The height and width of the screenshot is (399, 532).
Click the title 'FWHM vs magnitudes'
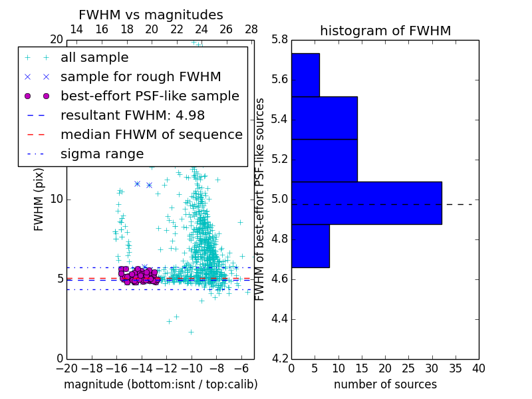click(151, 15)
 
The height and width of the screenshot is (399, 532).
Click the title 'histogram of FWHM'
click(385, 31)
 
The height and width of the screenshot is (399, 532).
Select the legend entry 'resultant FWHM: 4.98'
click(132, 115)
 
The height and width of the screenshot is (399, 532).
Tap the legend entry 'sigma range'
click(102, 154)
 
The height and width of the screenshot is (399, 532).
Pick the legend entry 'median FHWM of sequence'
click(151, 134)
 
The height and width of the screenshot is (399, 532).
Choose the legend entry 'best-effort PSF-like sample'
click(150, 96)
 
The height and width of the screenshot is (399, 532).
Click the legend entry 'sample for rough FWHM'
click(140, 76)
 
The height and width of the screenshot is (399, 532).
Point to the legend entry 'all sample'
click(94, 57)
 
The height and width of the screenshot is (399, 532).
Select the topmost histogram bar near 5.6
click(305, 74)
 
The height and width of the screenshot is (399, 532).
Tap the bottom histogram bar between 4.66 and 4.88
click(310, 246)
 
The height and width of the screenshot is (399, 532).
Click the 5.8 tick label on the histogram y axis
click(279, 40)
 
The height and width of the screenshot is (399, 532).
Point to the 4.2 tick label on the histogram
click(279, 358)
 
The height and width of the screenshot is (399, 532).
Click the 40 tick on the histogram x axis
click(478, 368)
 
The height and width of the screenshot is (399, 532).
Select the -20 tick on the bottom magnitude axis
click(66, 368)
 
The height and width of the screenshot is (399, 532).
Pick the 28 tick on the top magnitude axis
click(251, 29)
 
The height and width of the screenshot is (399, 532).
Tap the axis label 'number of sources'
click(385, 384)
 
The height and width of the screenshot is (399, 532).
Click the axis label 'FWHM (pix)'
click(39, 199)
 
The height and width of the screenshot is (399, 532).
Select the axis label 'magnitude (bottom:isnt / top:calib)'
click(160, 384)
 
